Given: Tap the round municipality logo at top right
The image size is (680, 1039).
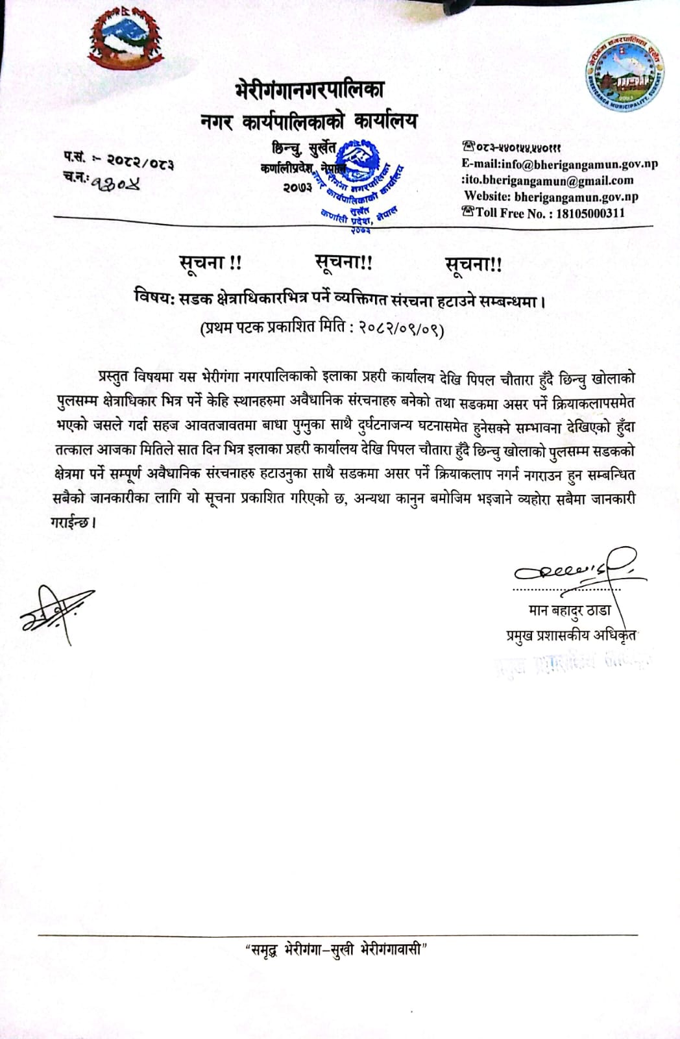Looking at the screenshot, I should click(x=627, y=73).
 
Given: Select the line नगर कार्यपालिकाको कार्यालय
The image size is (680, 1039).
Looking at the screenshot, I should click(x=308, y=121).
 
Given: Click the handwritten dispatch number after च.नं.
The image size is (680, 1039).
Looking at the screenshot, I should click(x=115, y=183).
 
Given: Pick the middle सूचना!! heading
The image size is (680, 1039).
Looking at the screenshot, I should click(x=343, y=262).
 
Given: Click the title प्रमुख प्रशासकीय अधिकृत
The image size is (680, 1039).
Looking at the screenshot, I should click(x=570, y=634).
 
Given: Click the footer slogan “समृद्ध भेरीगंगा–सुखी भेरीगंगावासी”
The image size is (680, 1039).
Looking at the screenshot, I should click(x=336, y=951).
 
